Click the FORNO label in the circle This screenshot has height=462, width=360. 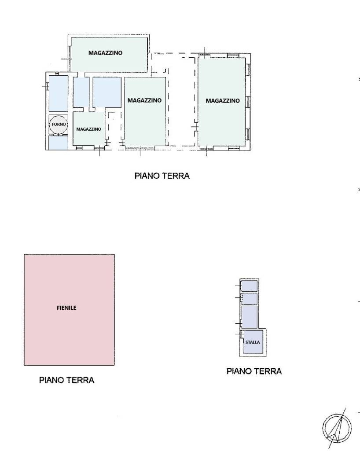pyautogui.click(x=59, y=125)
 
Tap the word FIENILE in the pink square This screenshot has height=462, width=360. pyautogui.click(x=66, y=308)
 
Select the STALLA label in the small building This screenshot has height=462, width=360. pyautogui.click(x=253, y=342)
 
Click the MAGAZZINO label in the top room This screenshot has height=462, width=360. pyautogui.click(x=106, y=53)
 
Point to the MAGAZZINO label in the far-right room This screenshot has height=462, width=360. pyautogui.click(x=223, y=101)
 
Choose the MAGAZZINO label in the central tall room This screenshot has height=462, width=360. pyautogui.click(x=145, y=100)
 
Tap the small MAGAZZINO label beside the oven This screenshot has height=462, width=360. pyautogui.click(x=88, y=129)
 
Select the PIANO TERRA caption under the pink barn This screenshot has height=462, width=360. pyautogui.click(x=67, y=380)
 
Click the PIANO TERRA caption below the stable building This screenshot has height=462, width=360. pyautogui.click(x=254, y=371)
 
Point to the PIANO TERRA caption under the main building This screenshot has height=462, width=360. pyautogui.click(x=162, y=176)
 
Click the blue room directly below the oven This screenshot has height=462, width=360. pyautogui.click(x=59, y=143)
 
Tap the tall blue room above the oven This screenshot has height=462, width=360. pyautogui.click(x=59, y=93)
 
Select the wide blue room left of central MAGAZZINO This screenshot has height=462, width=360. pyautogui.click(x=107, y=92)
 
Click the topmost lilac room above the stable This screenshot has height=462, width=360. pyautogui.click(x=250, y=286)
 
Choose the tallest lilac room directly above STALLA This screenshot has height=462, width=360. pyautogui.click(x=250, y=317)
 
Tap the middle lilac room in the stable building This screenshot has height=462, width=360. pyautogui.click(x=250, y=299)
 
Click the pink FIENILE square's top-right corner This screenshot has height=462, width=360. pyautogui.click(x=114, y=255)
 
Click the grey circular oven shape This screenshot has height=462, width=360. pyautogui.click(x=59, y=125)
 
